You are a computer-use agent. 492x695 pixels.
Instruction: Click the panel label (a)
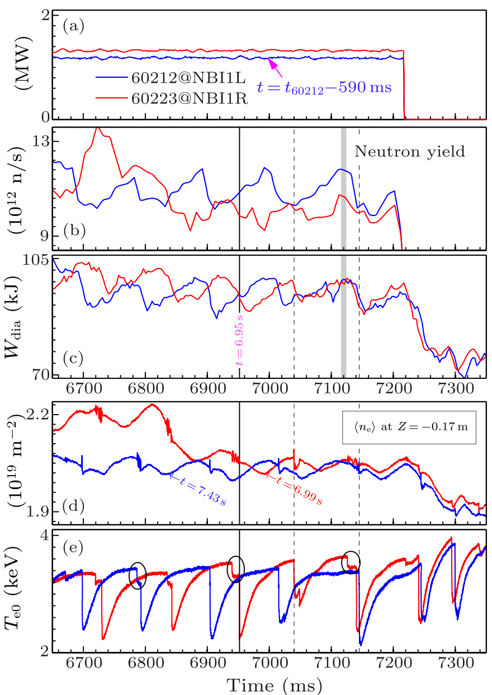73,25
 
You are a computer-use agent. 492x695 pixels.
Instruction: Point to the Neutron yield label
410,151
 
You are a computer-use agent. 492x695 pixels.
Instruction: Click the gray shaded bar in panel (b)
344,187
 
